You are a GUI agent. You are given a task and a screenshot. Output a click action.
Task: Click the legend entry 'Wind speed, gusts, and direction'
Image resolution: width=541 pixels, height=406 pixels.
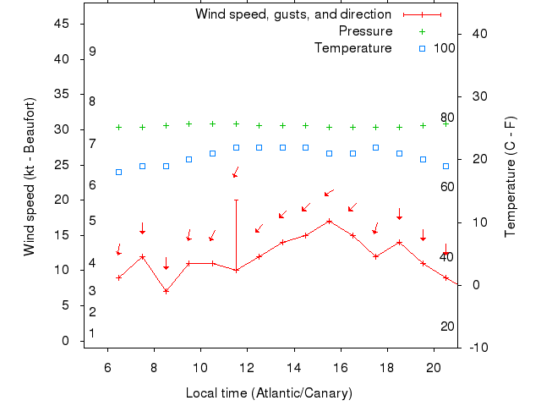(292, 14)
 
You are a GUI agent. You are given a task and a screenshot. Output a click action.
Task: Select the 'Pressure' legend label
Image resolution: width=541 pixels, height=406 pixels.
(365, 31)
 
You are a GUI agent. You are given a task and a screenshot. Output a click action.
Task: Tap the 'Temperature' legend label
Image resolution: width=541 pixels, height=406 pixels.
(352, 48)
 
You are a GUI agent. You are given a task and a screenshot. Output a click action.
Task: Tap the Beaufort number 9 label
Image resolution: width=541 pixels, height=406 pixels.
(92, 52)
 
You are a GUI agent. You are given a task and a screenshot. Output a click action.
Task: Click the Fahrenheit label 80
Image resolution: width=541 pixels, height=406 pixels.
(447, 118)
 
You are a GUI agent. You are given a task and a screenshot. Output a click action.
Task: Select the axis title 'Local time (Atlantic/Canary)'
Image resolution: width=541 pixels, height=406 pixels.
(269, 393)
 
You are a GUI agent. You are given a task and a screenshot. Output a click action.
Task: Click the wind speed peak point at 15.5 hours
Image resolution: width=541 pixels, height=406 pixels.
(329, 221)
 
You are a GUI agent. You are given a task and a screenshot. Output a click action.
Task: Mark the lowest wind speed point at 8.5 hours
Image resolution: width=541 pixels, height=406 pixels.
(166, 291)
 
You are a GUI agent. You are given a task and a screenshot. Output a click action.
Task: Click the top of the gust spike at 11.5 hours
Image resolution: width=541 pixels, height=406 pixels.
(236, 200)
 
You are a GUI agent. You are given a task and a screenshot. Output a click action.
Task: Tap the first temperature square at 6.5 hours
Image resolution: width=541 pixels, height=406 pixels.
(119, 172)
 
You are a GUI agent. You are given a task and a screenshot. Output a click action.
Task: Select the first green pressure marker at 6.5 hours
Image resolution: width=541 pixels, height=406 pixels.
(119, 128)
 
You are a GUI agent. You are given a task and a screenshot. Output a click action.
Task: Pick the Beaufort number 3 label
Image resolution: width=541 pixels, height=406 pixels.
(91, 291)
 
